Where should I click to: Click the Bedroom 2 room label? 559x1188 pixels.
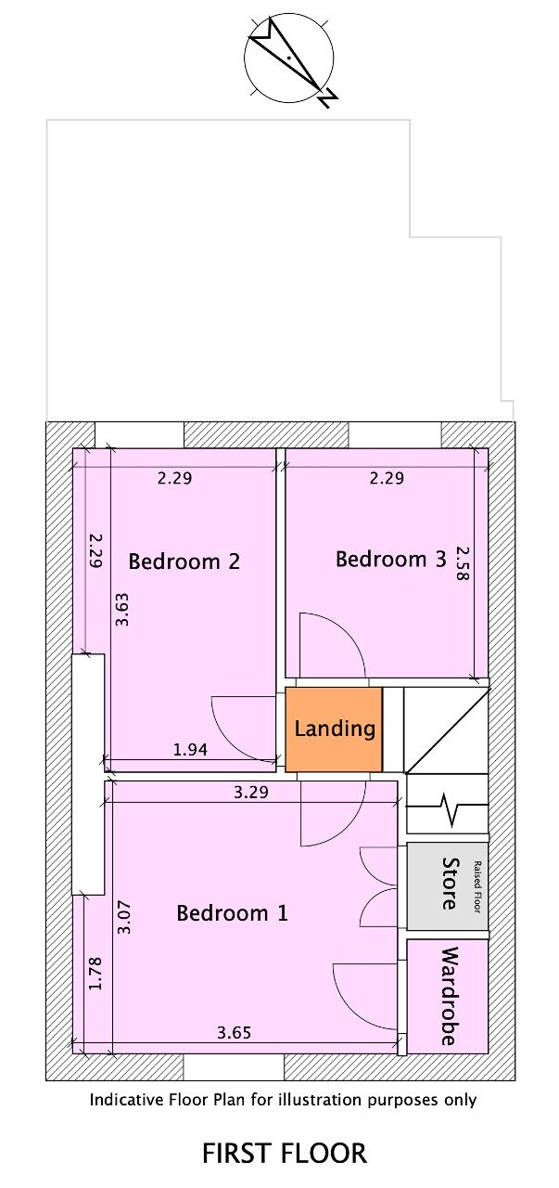pos(184,562)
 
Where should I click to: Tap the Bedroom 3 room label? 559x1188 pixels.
pos(391,559)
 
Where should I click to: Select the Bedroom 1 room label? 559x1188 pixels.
pos(232,913)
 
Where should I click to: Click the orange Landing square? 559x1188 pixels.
pos(334,730)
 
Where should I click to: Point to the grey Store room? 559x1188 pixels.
pos(447,885)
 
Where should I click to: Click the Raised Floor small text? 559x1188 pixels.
pos(477,886)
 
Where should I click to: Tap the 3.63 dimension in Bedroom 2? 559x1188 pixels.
pos(122,610)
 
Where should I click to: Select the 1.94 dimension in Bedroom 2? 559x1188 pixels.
pos(190,749)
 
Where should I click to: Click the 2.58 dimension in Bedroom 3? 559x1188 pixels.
pos(463,563)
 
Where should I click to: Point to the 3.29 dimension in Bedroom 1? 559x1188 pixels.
pos(251,793)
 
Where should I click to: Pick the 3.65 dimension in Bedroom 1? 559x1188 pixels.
pos(235,1033)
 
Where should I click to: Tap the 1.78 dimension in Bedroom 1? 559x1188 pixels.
pos(95,974)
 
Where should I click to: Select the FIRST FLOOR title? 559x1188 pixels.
pos(285,1153)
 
